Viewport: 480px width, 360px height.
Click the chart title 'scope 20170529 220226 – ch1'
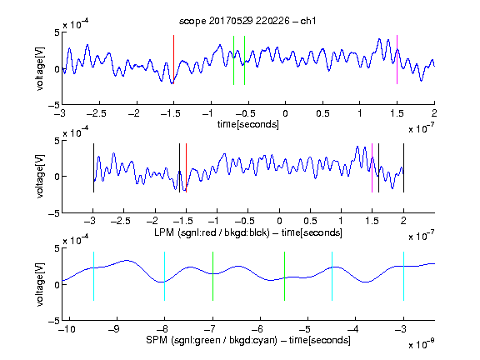(x=247, y=21)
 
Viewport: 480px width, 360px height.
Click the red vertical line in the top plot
(x=173, y=60)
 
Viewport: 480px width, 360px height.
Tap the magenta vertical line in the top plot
(x=397, y=60)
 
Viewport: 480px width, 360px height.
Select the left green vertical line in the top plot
(x=233, y=60)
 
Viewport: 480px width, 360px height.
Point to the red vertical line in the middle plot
(x=186, y=167)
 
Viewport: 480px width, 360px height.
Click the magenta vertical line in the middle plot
(x=372, y=167)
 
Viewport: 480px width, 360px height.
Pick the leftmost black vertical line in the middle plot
(x=93, y=167)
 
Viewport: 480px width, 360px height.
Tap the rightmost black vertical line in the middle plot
(x=403, y=167)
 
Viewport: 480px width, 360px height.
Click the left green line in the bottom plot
(x=212, y=276)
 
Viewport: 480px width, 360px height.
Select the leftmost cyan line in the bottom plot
(x=93, y=276)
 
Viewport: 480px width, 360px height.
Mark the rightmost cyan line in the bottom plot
(x=403, y=276)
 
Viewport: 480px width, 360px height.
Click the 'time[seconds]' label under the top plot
(x=248, y=124)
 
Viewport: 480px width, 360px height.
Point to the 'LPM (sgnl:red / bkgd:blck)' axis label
(x=212, y=232)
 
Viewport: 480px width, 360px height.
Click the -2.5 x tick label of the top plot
(x=96, y=113)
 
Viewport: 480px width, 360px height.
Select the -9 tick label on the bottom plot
(x=114, y=329)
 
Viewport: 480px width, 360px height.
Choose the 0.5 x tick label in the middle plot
(x=310, y=221)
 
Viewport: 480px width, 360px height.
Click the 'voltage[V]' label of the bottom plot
(x=40, y=284)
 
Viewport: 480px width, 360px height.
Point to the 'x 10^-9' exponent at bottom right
(x=422, y=344)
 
